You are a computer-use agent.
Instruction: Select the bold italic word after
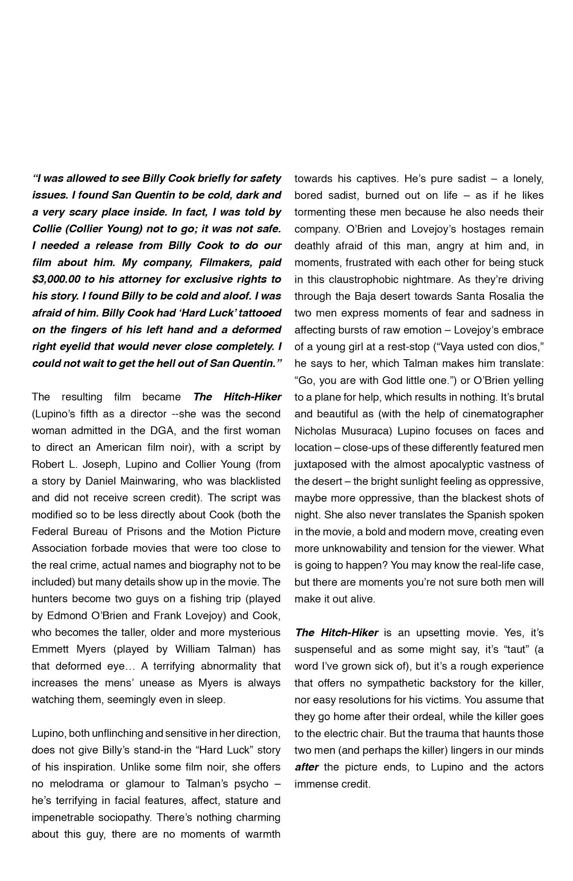pos(306,767)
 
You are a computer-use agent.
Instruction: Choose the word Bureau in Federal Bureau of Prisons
pos(88,531)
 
